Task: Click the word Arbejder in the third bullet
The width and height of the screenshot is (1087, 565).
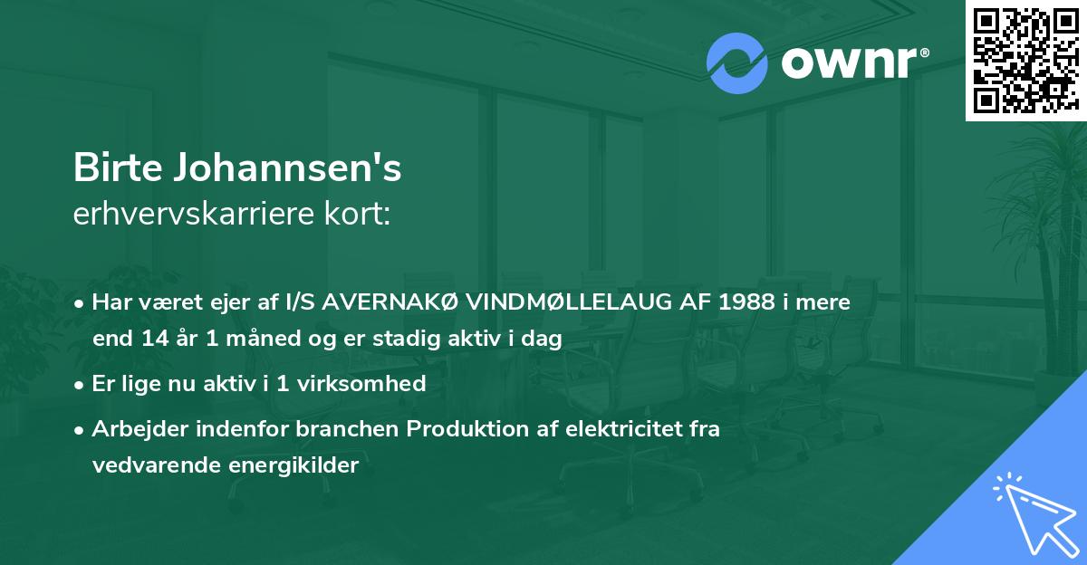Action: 133,429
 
